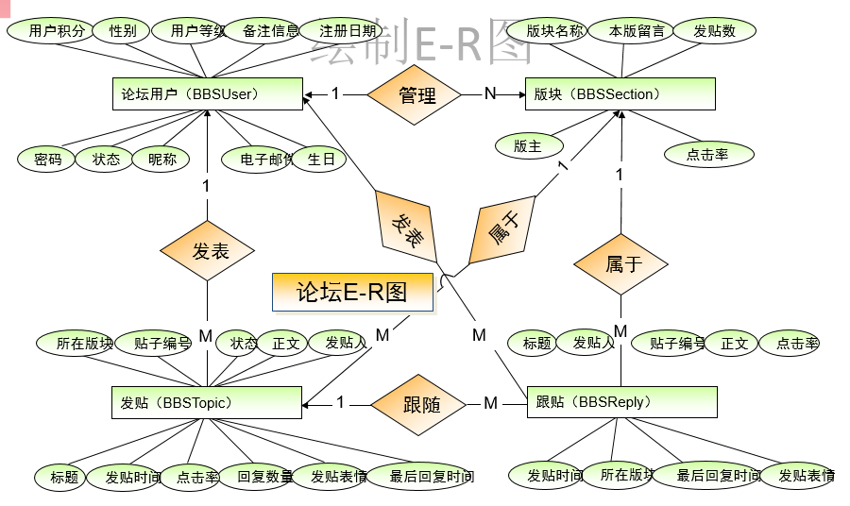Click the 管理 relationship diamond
point(416,94)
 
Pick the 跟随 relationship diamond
point(421,404)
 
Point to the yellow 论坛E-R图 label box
point(352,292)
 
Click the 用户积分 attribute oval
point(48,30)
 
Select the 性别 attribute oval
point(123,30)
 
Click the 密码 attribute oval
point(45,160)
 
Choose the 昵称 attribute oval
point(161,160)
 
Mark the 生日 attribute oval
point(321,160)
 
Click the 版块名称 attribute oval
point(552,30)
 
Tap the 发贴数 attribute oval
point(713,30)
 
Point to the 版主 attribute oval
point(528,145)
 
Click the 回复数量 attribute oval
point(264,477)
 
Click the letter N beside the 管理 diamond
point(489,93)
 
